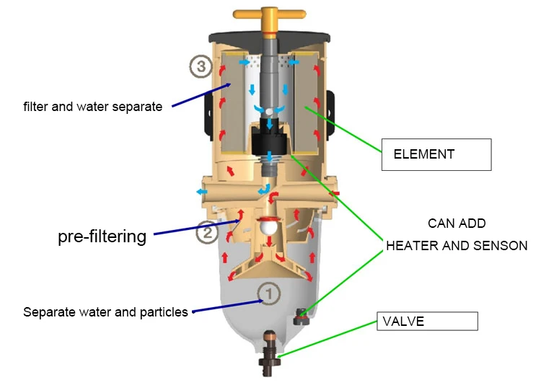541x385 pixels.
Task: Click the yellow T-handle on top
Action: [270, 14]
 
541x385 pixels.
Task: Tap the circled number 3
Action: [201, 66]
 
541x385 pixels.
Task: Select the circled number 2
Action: [207, 233]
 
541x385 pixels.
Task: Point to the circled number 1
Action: [269, 294]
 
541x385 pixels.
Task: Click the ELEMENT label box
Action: [436, 154]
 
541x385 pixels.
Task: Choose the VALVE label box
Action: [427, 321]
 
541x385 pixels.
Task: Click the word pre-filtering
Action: [102, 237]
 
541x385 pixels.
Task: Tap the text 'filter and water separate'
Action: [93, 107]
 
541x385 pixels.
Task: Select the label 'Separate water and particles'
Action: [105, 312]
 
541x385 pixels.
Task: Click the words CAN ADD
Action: [457, 224]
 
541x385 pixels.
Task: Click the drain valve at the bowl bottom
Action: [270, 353]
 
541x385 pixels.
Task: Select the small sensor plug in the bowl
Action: [302, 317]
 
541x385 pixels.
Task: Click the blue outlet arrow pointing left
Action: [202, 192]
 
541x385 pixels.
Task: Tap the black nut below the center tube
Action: [270, 138]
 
